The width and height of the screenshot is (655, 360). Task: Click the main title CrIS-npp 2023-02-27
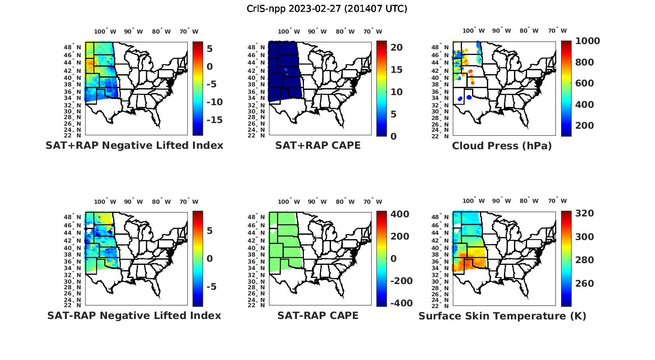coord(327,9)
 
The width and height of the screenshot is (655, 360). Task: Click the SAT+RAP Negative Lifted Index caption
coord(134,146)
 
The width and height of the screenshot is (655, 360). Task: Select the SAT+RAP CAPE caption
coord(318,146)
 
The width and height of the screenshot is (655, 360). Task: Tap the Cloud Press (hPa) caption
coord(502,146)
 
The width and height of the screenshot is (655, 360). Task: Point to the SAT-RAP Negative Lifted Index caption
coord(134,315)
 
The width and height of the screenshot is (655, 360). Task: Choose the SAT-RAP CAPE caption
coord(318,315)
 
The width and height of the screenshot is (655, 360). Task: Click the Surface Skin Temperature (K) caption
coord(502,316)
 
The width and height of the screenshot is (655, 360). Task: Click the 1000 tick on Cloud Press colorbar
coord(587,41)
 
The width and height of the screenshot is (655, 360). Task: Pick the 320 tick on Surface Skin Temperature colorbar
coord(585,213)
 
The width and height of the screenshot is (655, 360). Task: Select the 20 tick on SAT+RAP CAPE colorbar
coord(396,48)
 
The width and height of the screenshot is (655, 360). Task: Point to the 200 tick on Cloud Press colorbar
coord(585,126)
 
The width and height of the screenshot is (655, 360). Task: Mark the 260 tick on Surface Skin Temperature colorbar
coord(585,284)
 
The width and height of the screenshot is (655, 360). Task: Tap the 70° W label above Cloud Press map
coord(557,31)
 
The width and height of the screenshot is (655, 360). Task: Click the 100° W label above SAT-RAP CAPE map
coord(289,202)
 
